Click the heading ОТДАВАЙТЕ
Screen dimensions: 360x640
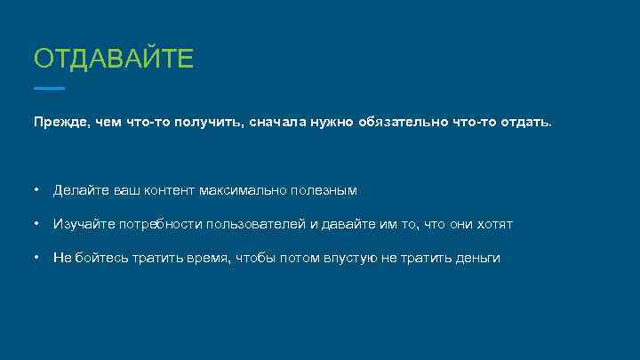pyautogui.click(x=113, y=60)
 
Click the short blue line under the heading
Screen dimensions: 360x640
pyautogui.click(x=49, y=89)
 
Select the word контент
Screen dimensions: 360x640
pyautogui.click(x=169, y=190)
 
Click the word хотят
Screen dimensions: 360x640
pyautogui.click(x=493, y=224)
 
